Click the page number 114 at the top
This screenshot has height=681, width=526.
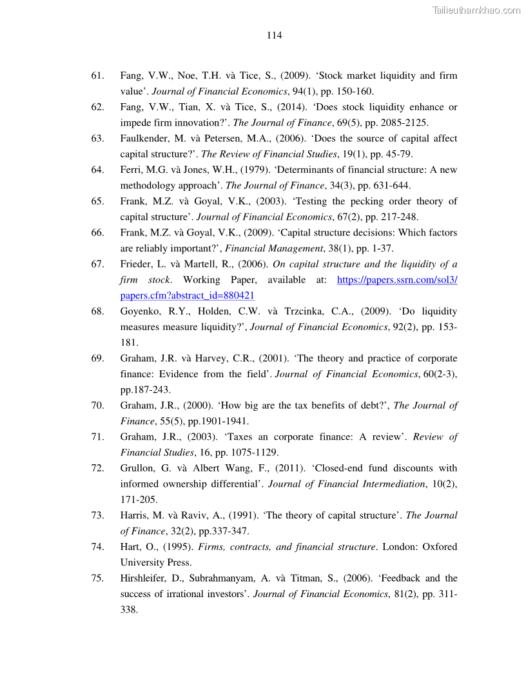(x=274, y=35)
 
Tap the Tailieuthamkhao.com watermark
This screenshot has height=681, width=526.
(x=476, y=10)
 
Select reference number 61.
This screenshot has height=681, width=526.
(x=97, y=76)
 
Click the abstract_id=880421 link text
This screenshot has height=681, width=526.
(x=187, y=295)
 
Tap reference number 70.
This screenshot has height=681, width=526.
(x=97, y=406)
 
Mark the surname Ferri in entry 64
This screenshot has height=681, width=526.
(x=131, y=170)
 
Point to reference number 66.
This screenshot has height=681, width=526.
(x=97, y=233)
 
